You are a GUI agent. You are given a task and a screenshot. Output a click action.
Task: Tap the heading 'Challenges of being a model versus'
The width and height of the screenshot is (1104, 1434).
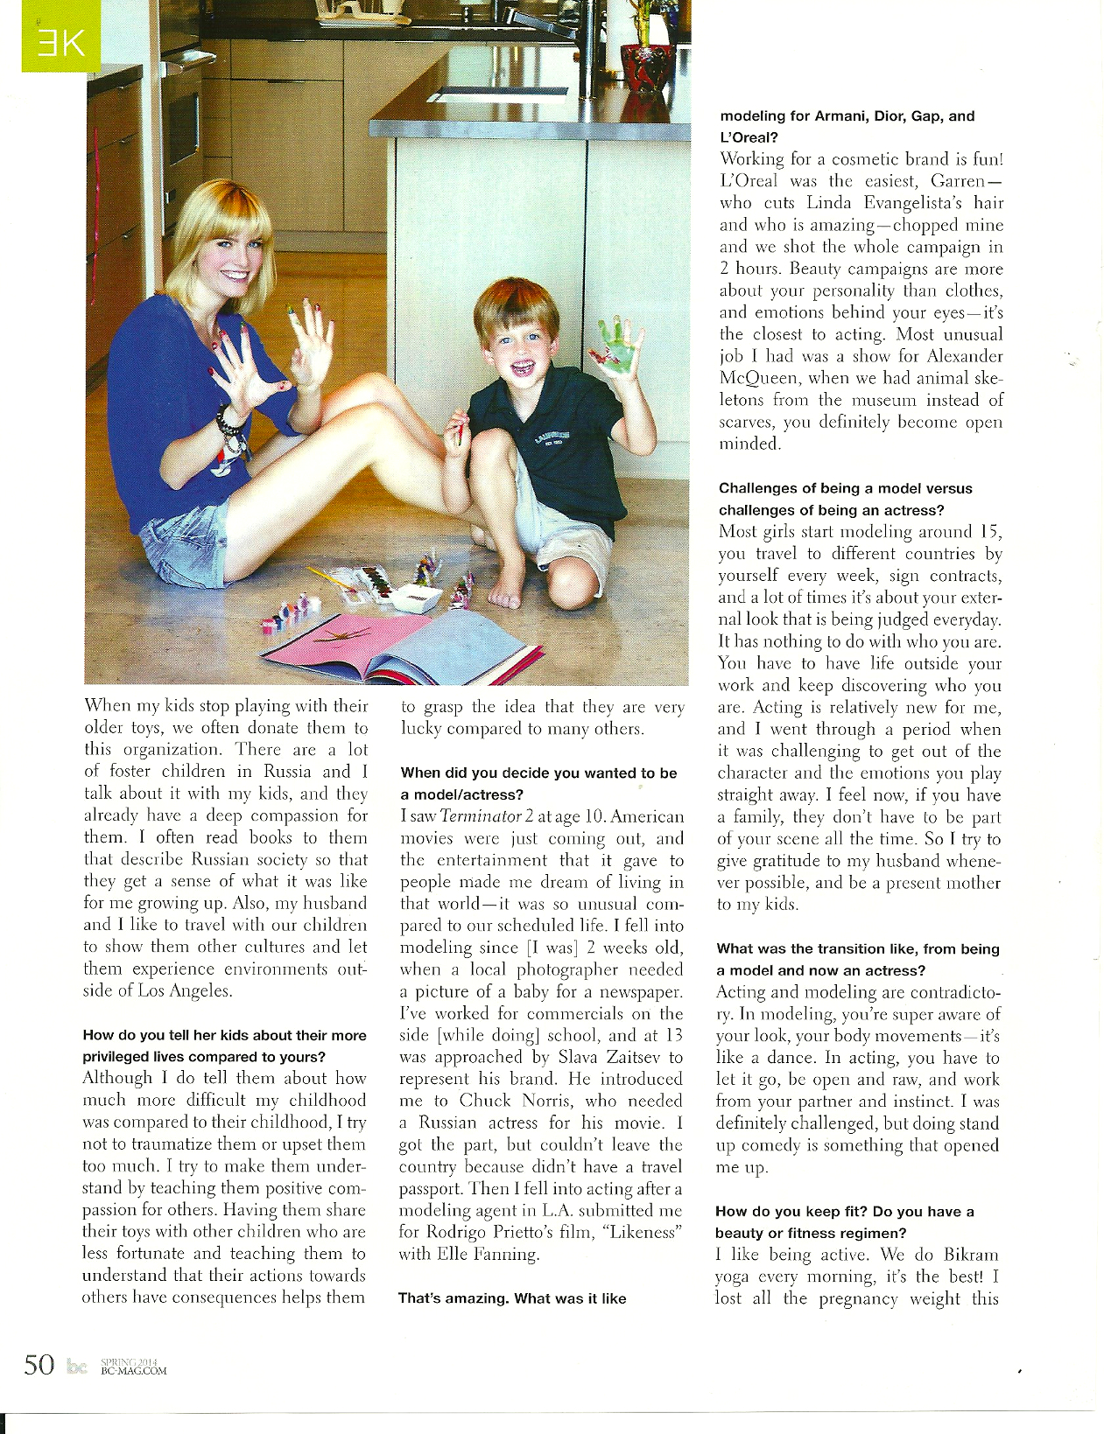point(845,488)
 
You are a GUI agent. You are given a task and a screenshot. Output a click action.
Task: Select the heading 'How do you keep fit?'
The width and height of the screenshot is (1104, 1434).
point(791,1212)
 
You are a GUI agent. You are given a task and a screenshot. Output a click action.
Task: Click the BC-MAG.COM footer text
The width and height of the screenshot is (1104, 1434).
point(134,1370)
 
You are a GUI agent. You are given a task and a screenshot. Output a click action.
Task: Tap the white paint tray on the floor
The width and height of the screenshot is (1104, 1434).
point(416,598)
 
